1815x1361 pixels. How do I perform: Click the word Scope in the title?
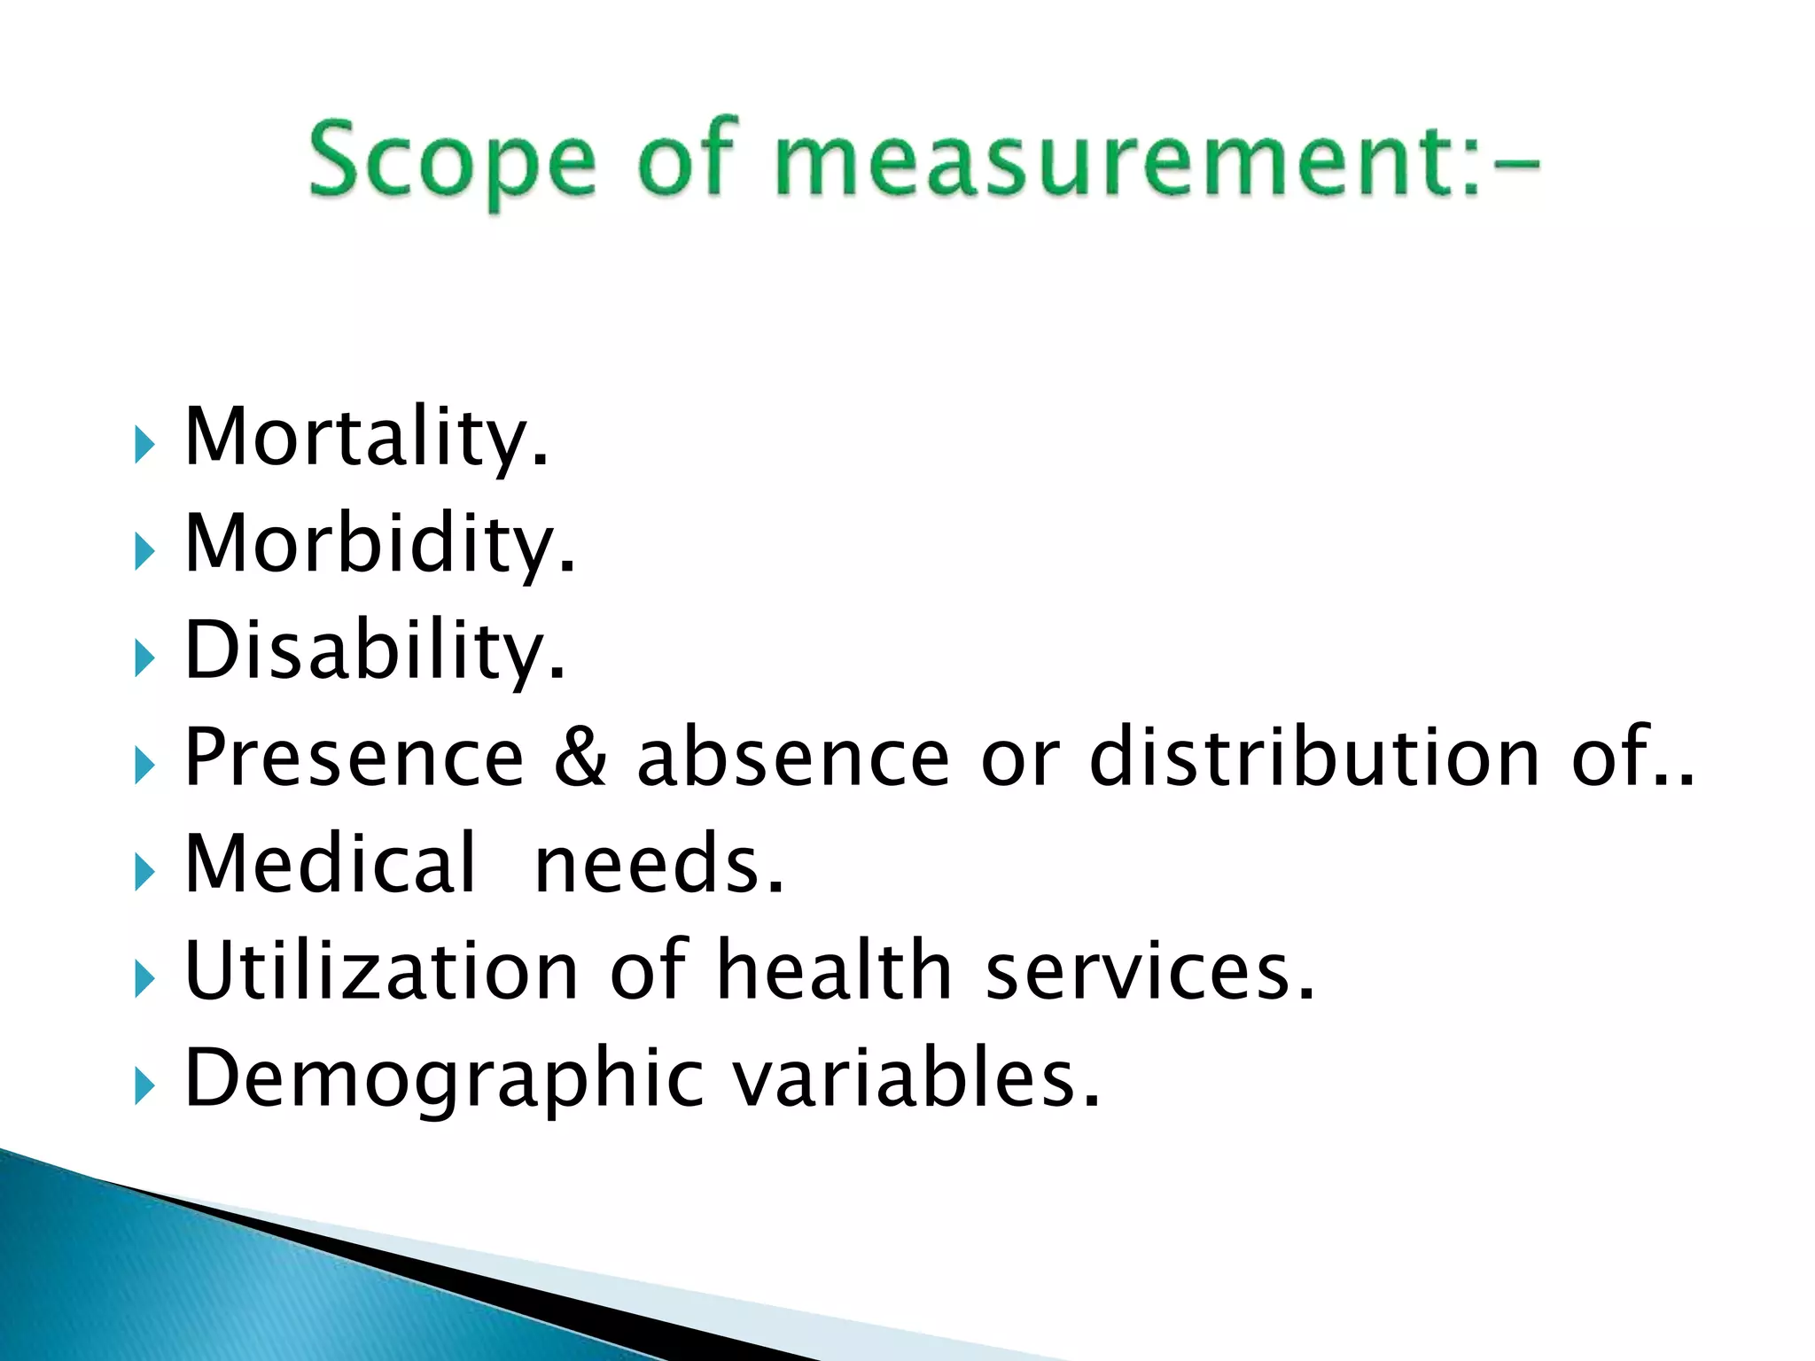click(x=451, y=161)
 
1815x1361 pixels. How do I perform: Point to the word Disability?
click(x=374, y=650)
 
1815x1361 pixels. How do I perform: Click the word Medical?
click(x=330, y=863)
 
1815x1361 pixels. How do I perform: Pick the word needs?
click(x=659, y=863)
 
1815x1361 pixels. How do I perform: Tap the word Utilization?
click(x=382, y=970)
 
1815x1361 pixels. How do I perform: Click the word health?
click(x=834, y=970)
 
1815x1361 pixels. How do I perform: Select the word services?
click(x=1149, y=970)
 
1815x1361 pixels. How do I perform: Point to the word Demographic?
click(x=444, y=1079)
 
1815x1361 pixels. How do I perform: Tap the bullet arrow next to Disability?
click(x=144, y=658)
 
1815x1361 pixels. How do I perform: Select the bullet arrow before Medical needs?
click(x=144, y=872)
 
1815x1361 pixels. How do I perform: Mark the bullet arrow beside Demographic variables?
click(x=144, y=1085)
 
